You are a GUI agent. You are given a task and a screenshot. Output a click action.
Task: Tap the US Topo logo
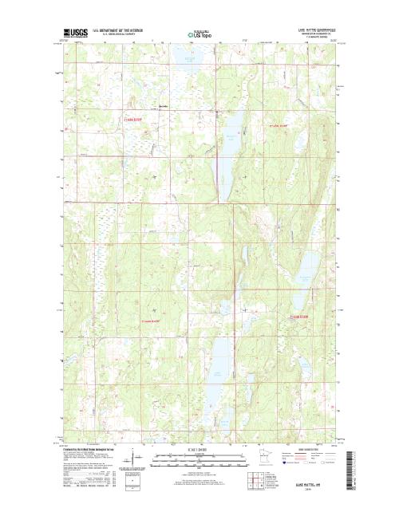coord(199,35)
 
